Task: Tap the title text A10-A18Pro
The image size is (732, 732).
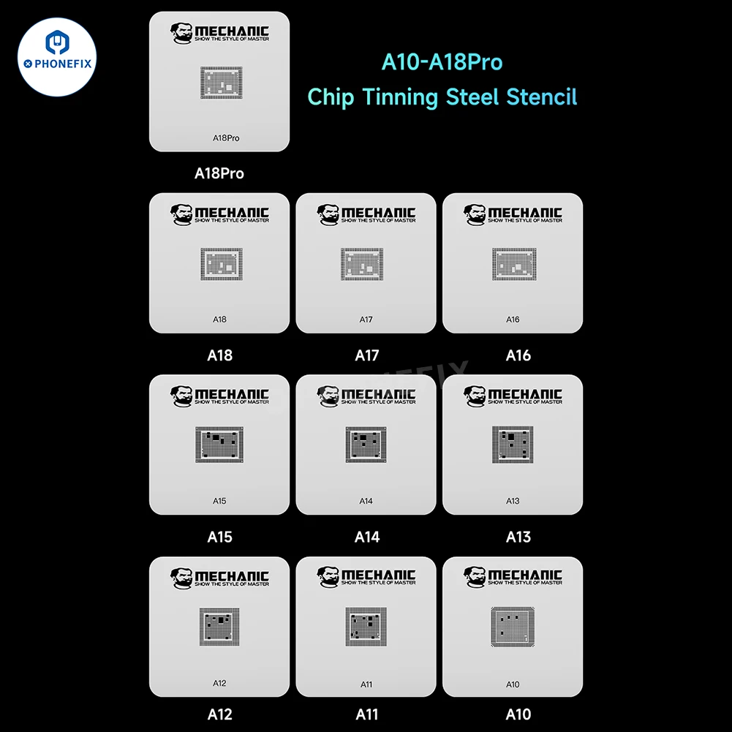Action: (442, 62)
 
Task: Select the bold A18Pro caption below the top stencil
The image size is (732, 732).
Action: (219, 173)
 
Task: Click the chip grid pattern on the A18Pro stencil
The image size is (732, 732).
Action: (221, 83)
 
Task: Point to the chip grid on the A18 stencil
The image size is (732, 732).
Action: (221, 264)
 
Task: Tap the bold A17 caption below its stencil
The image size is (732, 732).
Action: (366, 355)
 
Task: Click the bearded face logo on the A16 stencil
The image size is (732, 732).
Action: (475, 214)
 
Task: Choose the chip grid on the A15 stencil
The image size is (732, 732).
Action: (219, 445)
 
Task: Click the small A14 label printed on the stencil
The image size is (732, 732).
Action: (366, 501)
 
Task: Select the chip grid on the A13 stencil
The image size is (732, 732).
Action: (513, 445)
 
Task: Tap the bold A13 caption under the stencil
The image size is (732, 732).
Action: (518, 537)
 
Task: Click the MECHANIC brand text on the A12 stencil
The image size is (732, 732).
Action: (232, 576)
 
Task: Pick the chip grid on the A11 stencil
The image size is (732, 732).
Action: (366, 627)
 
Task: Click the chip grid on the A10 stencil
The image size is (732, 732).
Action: (513, 627)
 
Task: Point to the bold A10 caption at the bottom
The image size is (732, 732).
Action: (518, 714)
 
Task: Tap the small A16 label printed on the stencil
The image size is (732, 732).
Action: (513, 320)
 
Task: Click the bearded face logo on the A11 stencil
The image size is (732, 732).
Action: (328, 577)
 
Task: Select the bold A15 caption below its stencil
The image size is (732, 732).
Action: (219, 537)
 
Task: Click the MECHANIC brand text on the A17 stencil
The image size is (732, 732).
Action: (378, 212)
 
